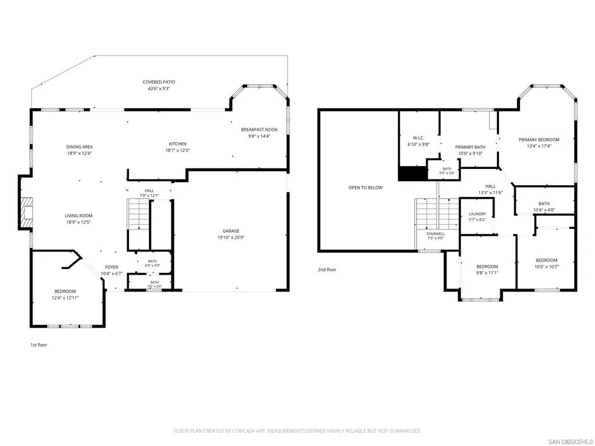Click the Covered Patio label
click(159, 82)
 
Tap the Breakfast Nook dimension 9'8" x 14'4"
click(259, 136)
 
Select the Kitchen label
click(178, 144)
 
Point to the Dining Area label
click(79, 147)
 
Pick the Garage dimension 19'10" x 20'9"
click(231, 238)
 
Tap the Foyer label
click(112, 267)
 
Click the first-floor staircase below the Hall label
click(138, 214)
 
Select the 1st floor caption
click(39, 345)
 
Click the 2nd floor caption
click(327, 269)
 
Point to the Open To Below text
click(365, 188)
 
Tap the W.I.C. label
click(418, 138)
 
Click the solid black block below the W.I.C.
click(413, 174)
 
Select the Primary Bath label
click(470, 147)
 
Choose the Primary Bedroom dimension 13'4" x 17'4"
click(539, 146)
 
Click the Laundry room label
click(477, 214)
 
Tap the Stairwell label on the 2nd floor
click(435, 233)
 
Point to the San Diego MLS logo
click(571, 441)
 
